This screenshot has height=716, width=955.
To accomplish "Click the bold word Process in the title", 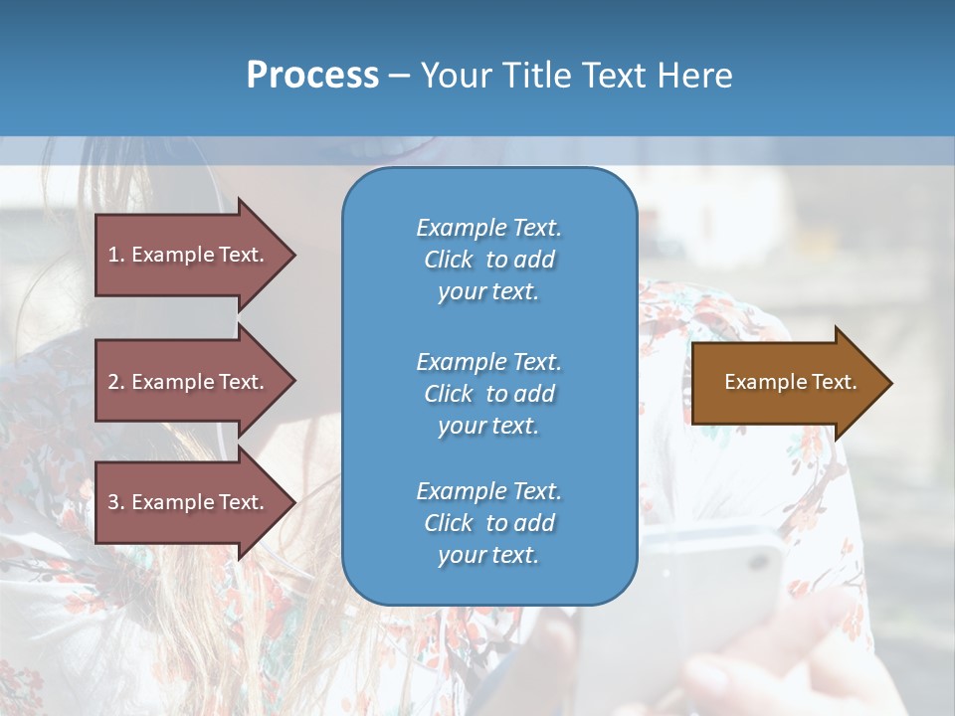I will point(312,76).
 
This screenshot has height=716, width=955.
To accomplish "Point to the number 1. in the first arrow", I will point(116,255).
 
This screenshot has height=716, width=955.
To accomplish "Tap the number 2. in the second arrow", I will point(116,382).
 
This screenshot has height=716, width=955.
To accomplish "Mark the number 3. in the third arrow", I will point(116,502).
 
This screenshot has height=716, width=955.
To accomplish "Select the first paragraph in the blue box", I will point(488,260).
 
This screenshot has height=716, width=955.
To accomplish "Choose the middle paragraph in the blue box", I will point(488,394).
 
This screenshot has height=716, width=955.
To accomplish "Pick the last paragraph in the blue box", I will point(488,523).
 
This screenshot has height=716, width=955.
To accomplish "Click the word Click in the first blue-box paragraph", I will point(449,261).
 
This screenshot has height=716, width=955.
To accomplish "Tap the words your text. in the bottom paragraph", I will point(488,555).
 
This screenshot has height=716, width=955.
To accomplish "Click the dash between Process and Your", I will point(399,76).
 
